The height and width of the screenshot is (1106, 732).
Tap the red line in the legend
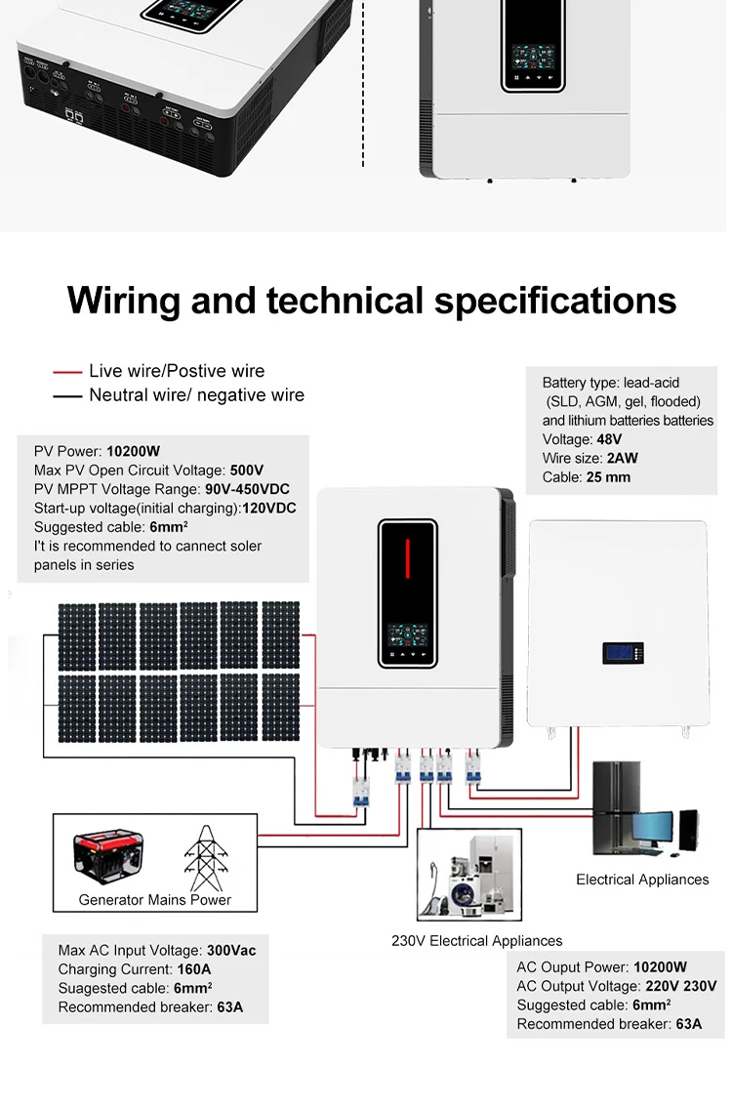point(67,372)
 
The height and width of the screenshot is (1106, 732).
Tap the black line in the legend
point(67,396)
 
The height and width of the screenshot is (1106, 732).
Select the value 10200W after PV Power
point(133,452)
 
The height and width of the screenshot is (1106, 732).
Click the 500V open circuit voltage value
point(247,471)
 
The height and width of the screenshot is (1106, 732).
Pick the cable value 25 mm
point(608,477)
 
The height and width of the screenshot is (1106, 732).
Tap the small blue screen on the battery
point(617,652)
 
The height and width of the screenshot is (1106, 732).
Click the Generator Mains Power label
point(155,900)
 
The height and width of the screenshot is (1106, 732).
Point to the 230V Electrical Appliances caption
point(476,941)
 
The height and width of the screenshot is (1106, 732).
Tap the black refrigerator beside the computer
point(616,808)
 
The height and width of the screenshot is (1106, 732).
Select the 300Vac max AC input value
point(230,951)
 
